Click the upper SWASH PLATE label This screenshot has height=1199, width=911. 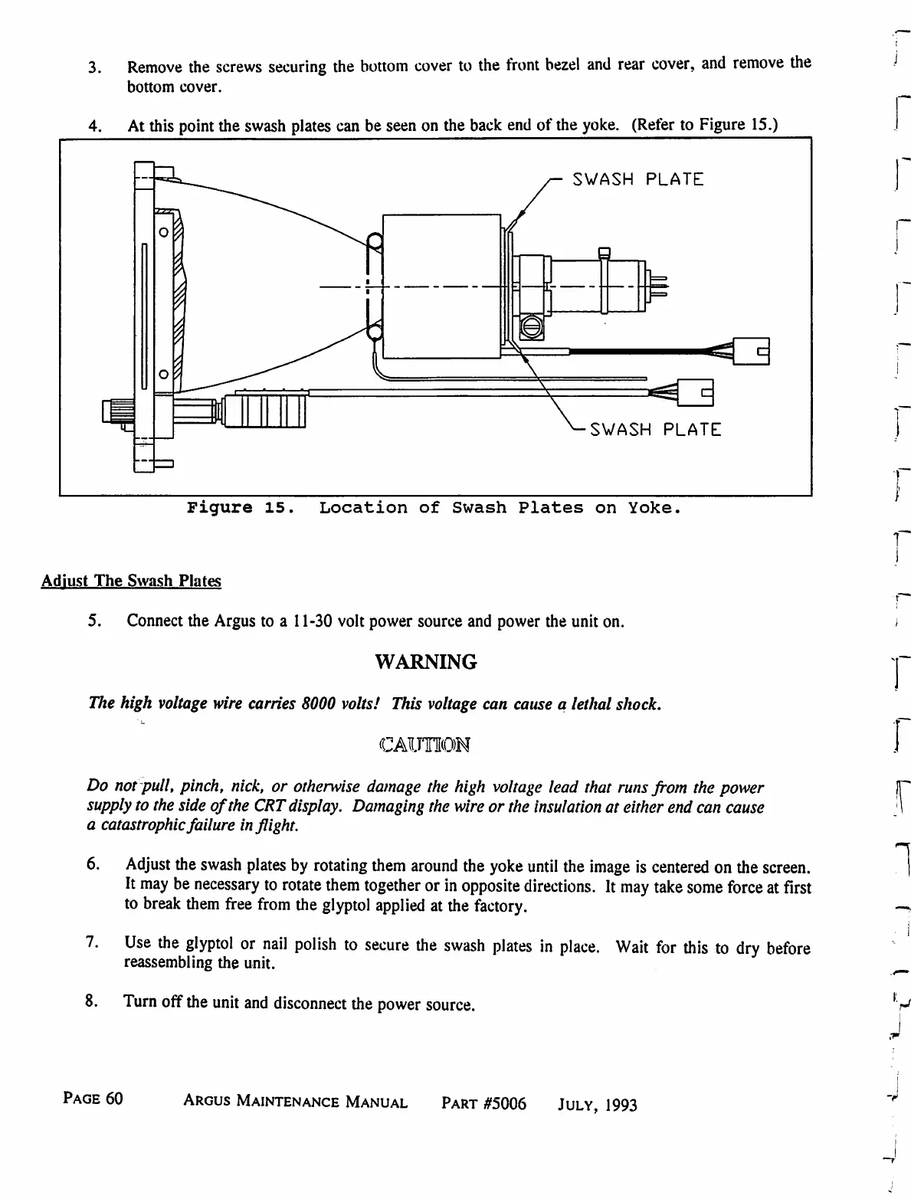pos(637,179)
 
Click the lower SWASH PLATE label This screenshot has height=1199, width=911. pos(655,429)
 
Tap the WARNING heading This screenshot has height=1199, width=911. pos(426,662)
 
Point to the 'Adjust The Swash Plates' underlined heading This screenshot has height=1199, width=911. pos(131,581)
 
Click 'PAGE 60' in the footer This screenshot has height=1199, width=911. pos(93,1099)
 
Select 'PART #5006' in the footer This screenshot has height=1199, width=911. pos(484,1103)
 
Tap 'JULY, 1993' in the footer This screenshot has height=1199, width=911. pos(598,1105)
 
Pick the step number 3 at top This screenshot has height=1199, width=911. pos(93,67)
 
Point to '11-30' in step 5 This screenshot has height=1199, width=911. pos(310,621)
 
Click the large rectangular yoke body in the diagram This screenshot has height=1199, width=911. pos(441,285)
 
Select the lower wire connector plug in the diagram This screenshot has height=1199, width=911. pos(696,394)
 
